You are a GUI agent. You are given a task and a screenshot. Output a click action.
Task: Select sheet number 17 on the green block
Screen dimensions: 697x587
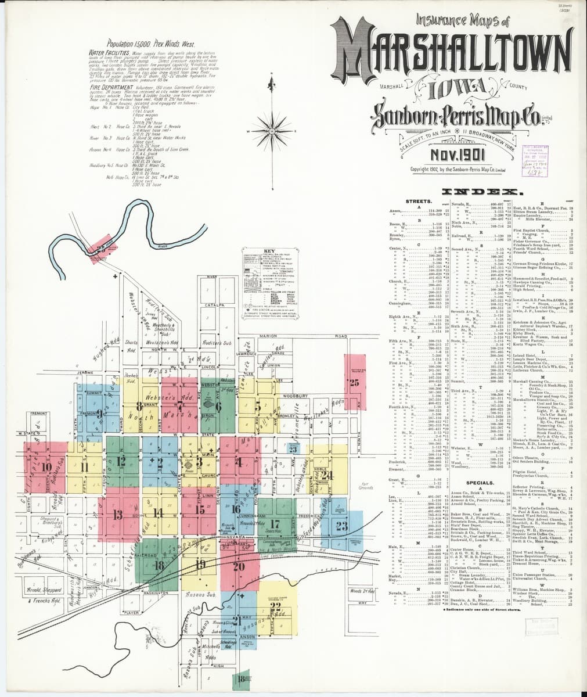pyautogui.click(x=275, y=523)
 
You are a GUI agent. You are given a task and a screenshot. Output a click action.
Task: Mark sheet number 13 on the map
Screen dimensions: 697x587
pyautogui.click(x=117, y=514)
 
